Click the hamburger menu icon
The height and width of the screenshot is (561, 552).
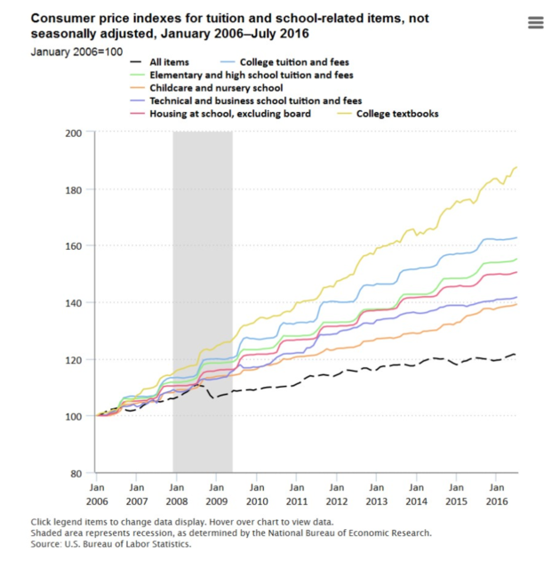535,23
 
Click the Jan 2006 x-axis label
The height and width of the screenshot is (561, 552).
96,494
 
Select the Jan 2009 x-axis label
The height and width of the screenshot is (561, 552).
216,494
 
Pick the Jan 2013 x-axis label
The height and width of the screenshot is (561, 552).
377,494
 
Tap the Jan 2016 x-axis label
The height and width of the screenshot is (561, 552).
497,494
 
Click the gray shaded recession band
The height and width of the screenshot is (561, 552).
203,267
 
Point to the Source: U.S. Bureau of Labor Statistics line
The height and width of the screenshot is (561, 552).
111,543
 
